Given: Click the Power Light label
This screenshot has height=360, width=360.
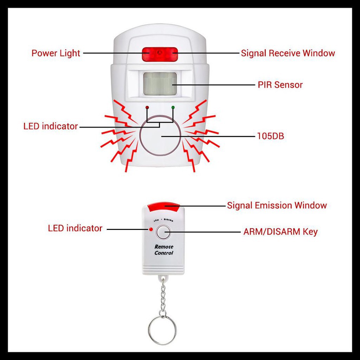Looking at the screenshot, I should (56, 53).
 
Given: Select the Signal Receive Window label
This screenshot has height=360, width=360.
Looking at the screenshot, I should (288, 53).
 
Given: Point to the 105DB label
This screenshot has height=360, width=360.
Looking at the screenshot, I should (270, 136).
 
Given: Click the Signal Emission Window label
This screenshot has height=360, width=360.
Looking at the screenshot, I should (277, 205).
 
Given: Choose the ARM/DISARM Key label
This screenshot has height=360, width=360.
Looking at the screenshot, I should (280, 232).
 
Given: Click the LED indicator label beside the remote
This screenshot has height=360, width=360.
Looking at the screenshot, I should (75, 229).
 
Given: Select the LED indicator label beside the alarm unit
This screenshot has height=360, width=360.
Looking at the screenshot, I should (51, 127).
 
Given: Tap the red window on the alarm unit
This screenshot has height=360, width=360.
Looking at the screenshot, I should (160, 54).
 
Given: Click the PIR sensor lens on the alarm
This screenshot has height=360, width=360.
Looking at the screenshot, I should (160, 83).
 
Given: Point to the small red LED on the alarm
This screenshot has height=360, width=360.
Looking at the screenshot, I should (147, 107).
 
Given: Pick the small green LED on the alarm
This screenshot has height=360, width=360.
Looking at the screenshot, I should (173, 107).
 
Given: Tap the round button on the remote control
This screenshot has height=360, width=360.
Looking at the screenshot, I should (163, 232).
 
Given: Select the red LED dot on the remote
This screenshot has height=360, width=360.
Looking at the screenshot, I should (151, 230).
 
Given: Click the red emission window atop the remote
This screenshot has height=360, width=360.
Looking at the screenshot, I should (164, 207).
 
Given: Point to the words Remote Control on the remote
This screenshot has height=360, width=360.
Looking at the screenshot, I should (164, 250).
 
